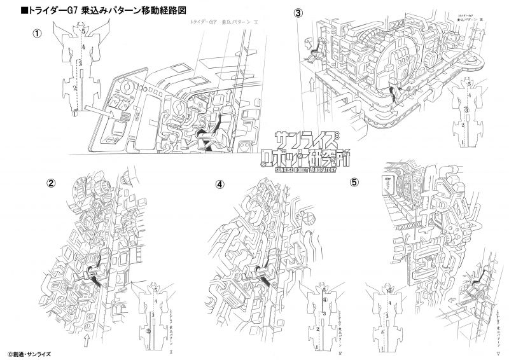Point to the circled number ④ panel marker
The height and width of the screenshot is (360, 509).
(x=220, y=184)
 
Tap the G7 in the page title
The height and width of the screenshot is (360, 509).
(x=80, y=10)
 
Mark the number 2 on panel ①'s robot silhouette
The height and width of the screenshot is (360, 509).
(x=75, y=87)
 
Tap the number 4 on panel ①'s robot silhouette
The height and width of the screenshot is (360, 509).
(x=83, y=47)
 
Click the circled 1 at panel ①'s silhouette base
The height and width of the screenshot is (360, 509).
(x=74, y=114)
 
